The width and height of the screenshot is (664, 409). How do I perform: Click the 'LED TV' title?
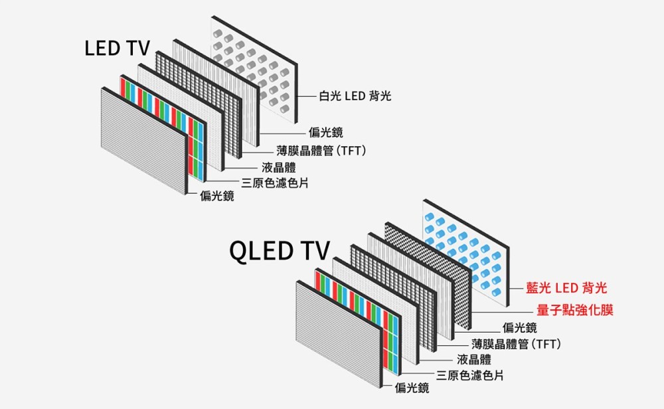[118, 48]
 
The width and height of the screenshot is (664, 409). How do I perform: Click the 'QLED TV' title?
[279, 251]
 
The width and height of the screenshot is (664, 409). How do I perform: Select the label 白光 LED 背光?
[355, 97]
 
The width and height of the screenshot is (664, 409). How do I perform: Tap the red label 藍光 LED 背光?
[566, 287]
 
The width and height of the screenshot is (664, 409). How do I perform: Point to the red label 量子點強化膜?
[575, 310]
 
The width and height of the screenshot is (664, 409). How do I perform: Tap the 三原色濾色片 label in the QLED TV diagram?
[469, 376]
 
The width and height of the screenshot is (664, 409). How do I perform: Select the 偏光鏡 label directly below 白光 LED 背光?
[325, 133]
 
